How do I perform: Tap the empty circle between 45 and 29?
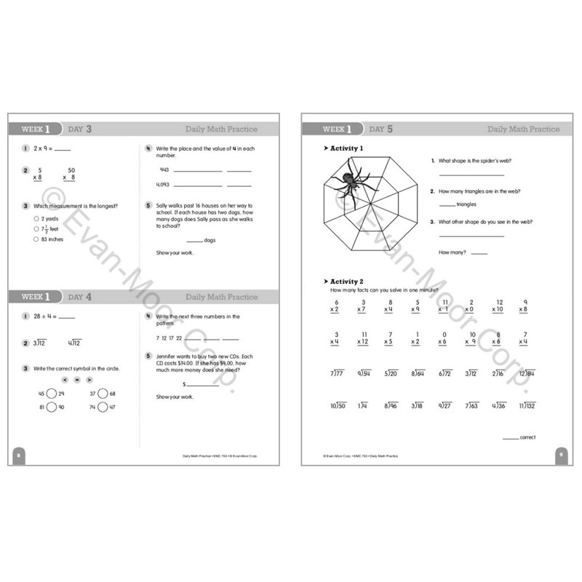tap(51, 394)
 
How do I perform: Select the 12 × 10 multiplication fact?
tap(498, 306)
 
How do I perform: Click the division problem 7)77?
tap(335, 373)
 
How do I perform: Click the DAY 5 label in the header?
tap(380, 129)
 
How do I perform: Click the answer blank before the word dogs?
tap(194, 241)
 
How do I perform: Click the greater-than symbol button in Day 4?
tap(89, 380)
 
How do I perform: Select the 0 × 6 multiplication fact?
tap(444, 338)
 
